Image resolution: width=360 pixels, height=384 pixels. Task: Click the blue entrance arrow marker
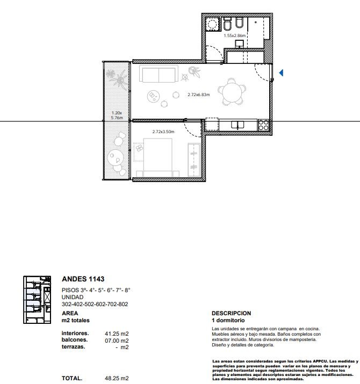pyautogui.click(x=282, y=73)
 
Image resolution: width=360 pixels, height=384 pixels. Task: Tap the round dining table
pyautogui.click(x=232, y=92)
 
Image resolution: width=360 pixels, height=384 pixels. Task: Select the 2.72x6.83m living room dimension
pyautogui.click(x=199, y=95)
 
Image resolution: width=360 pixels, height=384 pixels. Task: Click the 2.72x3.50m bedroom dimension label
pyautogui.click(x=163, y=132)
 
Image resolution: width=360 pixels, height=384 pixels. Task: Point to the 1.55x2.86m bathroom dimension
pyautogui.click(x=234, y=35)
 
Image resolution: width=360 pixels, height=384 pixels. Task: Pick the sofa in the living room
pyautogui.click(x=159, y=74)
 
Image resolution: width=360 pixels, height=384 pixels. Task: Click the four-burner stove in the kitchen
pyautogui.click(x=263, y=125)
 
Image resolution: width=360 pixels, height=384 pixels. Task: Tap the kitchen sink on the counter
pyautogui.click(x=237, y=125)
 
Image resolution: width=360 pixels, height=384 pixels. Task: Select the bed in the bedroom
pyautogui.click(x=158, y=157)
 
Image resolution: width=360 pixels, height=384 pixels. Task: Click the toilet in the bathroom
pyautogui.click(x=228, y=24)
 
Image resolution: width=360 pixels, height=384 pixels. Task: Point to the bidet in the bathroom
pyautogui.click(x=239, y=23)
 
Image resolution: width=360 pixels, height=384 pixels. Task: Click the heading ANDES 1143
pyautogui.click(x=83, y=279)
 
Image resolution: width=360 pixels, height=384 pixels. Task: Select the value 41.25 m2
pyautogui.click(x=117, y=334)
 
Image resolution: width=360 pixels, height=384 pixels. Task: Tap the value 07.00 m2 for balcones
pyautogui.click(x=117, y=340)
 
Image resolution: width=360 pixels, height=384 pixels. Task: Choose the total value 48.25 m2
pyautogui.click(x=117, y=379)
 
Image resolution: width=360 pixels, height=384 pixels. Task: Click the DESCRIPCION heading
pyautogui.click(x=232, y=314)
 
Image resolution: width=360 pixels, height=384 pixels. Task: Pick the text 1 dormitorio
pyautogui.click(x=228, y=320)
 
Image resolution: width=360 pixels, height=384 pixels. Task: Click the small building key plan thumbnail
pyautogui.click(x=37, y=300)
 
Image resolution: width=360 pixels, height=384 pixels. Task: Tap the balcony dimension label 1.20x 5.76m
pyautogui.click(x=117, y=115)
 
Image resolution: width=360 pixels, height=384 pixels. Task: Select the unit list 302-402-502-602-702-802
pyautogui.click(x=95, y=304)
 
